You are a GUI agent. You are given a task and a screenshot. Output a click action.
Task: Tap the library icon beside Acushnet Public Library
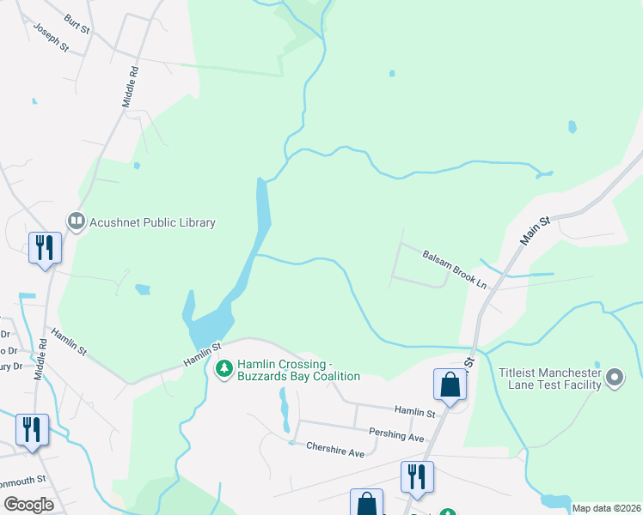coord(77,222)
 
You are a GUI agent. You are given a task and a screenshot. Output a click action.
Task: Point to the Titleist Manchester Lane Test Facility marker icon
coord(615,378)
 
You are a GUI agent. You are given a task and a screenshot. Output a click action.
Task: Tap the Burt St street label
coord(77,23)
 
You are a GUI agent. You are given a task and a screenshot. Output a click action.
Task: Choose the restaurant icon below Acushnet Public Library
coord(43,247)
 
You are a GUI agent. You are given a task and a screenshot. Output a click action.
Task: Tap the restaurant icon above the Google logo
coord(32,429)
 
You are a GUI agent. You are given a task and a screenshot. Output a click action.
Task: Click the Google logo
coord(28,505)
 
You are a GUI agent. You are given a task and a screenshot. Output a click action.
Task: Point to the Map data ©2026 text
coord(607,508)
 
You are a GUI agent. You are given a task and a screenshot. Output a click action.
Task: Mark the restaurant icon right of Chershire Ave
coord(417,476)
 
